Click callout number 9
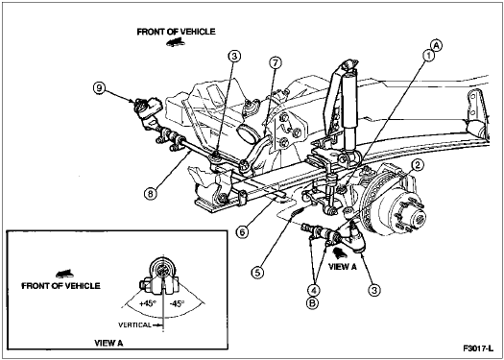point(99,88)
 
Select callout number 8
point(151,193)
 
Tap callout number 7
point(276,63)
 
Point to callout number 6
point(242,232)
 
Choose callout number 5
point(257,273)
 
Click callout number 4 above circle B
point(313,291)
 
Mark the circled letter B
point(312,303)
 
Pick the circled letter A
point(437,45)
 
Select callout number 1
point(428,56)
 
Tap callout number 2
point(418,165)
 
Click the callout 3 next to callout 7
point(234,57)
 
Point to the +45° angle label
point(148,303)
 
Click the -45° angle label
point(177,303)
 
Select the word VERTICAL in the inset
point(134,325)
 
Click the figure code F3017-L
point(478,348)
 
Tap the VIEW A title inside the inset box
point(108,343)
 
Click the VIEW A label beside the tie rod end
point(343,267)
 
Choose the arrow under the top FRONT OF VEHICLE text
point(176,42)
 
